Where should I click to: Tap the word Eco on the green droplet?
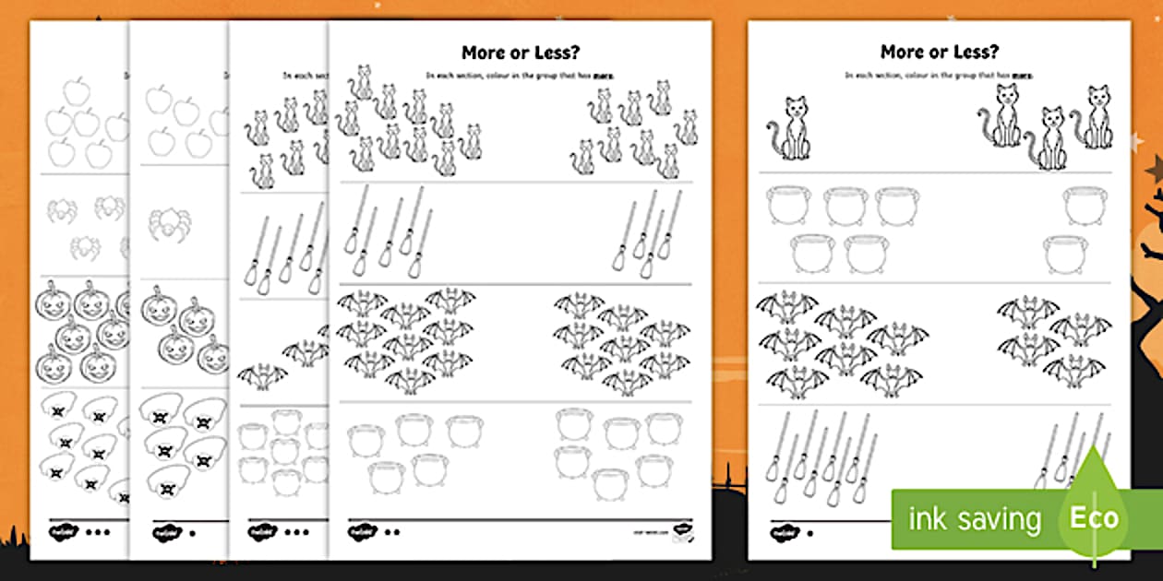pos(1095,517)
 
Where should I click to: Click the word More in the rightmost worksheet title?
pos(902,52)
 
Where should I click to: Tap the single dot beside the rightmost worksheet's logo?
pos(809,532)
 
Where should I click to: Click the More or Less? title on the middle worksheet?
pos(520,53)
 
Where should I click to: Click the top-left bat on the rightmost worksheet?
pos(786,306)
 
